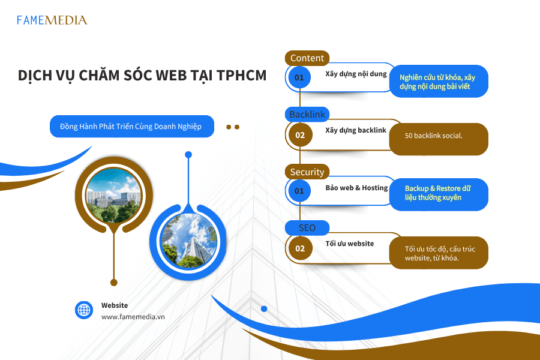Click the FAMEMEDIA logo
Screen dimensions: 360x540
click(x=52, y=20)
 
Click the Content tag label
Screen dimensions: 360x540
click(x=307, y=58)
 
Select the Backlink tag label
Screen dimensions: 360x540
click(x=307, y=115)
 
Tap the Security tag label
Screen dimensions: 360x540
click(x=307, y=172)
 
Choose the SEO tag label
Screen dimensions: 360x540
click(x=307, y=228)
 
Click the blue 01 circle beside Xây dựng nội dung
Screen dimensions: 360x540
click(x=299, y=77)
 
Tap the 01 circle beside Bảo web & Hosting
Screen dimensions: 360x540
click(x=299, y=191)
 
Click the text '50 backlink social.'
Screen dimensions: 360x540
click(x=433, y=136)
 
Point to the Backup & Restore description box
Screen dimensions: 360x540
click(x=438, y=193)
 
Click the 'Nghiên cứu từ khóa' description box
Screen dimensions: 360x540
click(x=439, y=82)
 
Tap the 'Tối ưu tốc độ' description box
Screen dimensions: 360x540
click(x=439, y=253)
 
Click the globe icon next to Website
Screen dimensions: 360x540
click(x=84, y=310)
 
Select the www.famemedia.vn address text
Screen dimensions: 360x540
click(x=133, y=316)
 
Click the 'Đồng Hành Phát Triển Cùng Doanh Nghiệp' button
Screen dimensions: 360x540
click(x=131, y=127)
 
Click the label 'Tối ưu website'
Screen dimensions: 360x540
click(x=350, y=244)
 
